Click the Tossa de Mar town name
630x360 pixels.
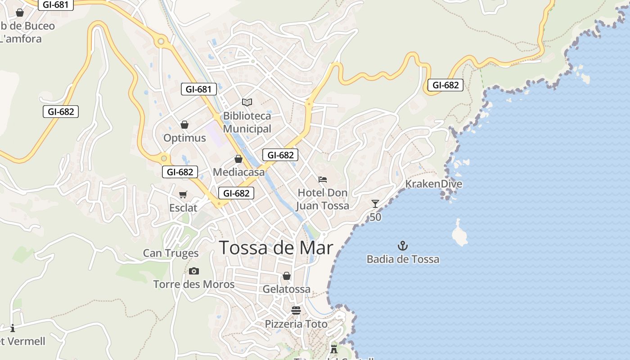click(x=276, y=248)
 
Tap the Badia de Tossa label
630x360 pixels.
click(x=403, y=259)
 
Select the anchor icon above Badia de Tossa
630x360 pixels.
click(x=403, y=246)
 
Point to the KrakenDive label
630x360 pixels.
click(x=433, y=184)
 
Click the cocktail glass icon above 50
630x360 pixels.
click(x=375, y=204)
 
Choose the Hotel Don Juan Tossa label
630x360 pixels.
click(x=322, y=199)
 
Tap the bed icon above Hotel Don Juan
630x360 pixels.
click(x=323, y=180)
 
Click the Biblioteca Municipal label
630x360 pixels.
click(x=247, y=122)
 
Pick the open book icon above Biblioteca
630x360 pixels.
click(x=247, y=102)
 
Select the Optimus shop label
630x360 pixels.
click(x=184, y=138)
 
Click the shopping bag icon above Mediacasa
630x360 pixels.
click(x=238, y=159)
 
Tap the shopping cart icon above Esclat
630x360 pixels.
click(x=183, y=195)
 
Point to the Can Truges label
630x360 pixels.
click(x=171, y=253)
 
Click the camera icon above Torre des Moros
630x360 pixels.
click(x=194, y=271)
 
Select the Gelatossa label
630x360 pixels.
click(x=287, y=289)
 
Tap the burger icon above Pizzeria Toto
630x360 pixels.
click(x=296, y=310)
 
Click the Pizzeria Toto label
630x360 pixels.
click(x=296, y=324)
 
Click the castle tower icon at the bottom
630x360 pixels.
click(x=334, y=348)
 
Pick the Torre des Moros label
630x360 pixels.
click(x=194, y=284)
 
